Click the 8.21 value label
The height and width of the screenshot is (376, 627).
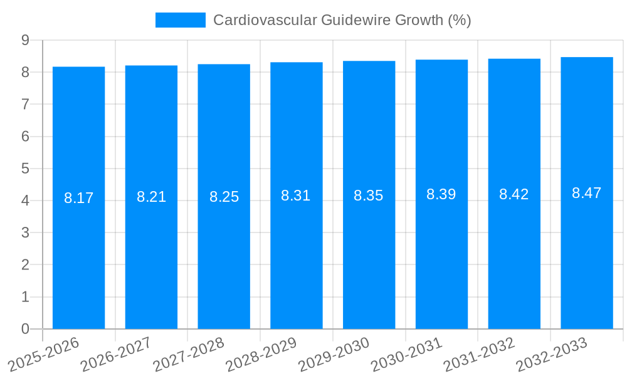point(151,197)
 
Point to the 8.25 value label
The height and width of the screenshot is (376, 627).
point(224,197)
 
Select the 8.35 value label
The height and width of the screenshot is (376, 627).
point(369,196)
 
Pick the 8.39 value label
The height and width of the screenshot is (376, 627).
point(441,194)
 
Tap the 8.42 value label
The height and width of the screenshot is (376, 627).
point(514,194)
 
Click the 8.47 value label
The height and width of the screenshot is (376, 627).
point(587,193)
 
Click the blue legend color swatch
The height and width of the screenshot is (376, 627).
point(180,20)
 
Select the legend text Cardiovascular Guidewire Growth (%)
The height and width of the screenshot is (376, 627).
point(342,20)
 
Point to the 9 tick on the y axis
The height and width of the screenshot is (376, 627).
point(25,40)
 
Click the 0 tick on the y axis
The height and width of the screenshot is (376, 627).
point(25,329)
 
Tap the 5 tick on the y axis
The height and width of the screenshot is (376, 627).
point(25,169)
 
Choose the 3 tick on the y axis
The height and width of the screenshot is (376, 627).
point(25,232)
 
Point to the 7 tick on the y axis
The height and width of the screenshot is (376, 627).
point(25,104)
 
